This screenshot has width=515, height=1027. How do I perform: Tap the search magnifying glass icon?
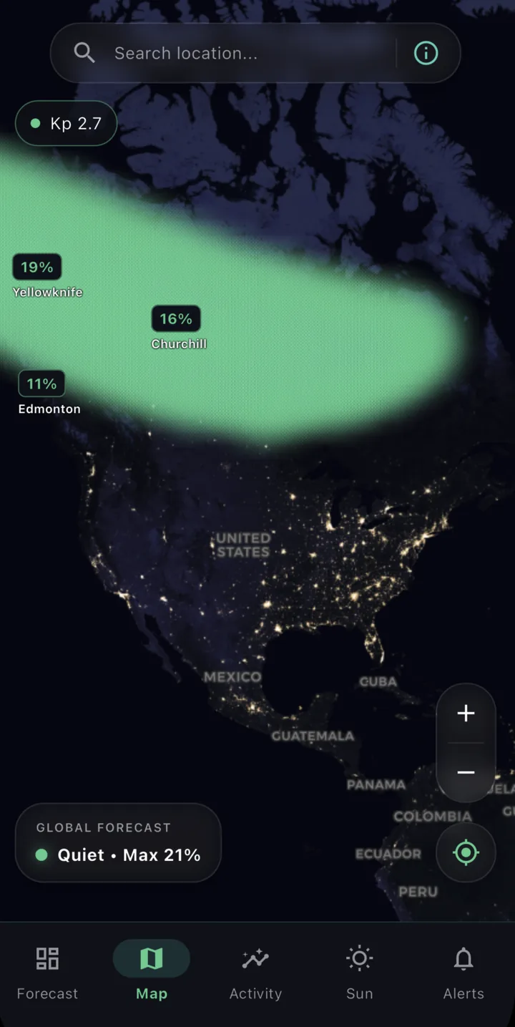(84, 52)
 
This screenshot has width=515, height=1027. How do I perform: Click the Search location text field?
(243, 53)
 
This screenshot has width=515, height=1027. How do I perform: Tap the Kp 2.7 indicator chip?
(66, 123)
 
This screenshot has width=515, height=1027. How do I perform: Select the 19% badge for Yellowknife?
(36, 267)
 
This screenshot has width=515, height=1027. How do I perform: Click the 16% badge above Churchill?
(176, 318)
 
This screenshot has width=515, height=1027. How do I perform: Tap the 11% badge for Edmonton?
(41, 384)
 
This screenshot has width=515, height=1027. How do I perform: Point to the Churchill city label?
(179, 344)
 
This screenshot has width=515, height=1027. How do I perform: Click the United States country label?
(243, 545)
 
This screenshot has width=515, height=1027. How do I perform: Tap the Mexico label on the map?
(232, 676)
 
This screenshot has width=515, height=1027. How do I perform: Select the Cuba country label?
(378, 681)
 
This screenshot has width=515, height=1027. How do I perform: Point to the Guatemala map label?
(313, 736)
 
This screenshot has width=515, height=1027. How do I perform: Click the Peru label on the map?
(418, 892)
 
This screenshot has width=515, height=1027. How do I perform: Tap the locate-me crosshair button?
(466, 852)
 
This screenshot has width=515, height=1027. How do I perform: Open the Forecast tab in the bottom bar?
(47, 973)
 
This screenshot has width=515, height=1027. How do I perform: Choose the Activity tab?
(255, 973)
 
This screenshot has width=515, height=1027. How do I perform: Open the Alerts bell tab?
(463, 973)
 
